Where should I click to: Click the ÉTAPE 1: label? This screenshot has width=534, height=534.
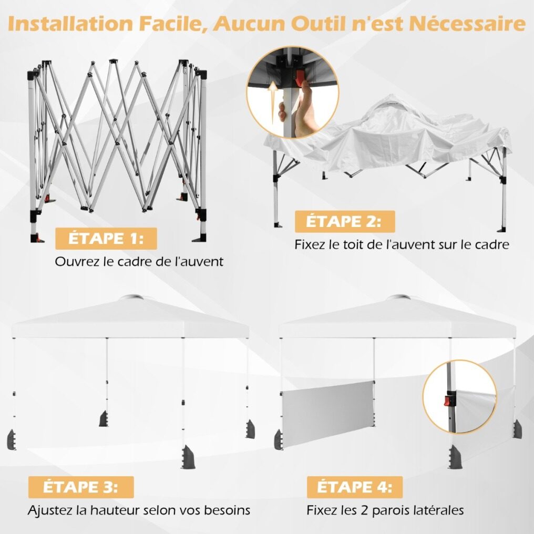(x=106, y=239)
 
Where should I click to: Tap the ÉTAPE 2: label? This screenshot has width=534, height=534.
(x=345, y=221)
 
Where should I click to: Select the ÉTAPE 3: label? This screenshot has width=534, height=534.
(x=81, y=487)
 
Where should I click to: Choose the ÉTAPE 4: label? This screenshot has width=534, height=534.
(x=355, y=487)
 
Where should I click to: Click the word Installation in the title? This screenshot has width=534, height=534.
(x=70, y=24)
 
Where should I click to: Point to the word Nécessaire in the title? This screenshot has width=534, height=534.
(x=467, y=23)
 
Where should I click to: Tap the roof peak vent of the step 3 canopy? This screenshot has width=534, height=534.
(x=131, y=297)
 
